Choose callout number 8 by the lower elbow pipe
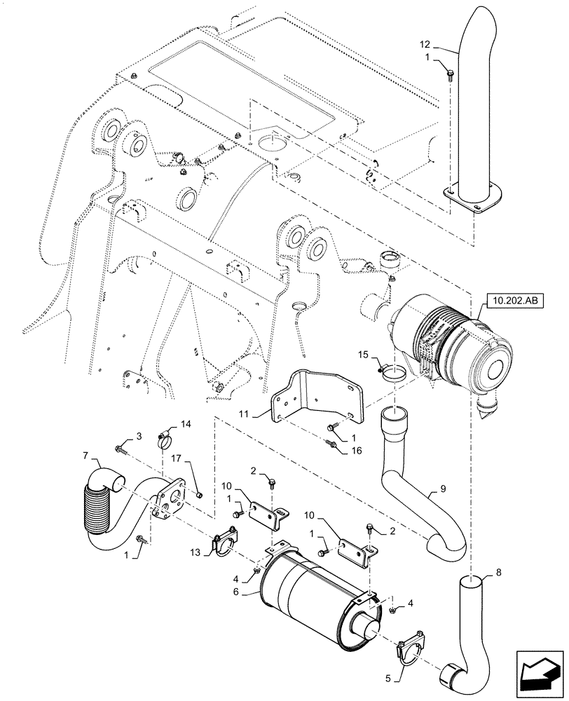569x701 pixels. point(498,573)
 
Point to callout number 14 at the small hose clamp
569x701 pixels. point(186,425)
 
